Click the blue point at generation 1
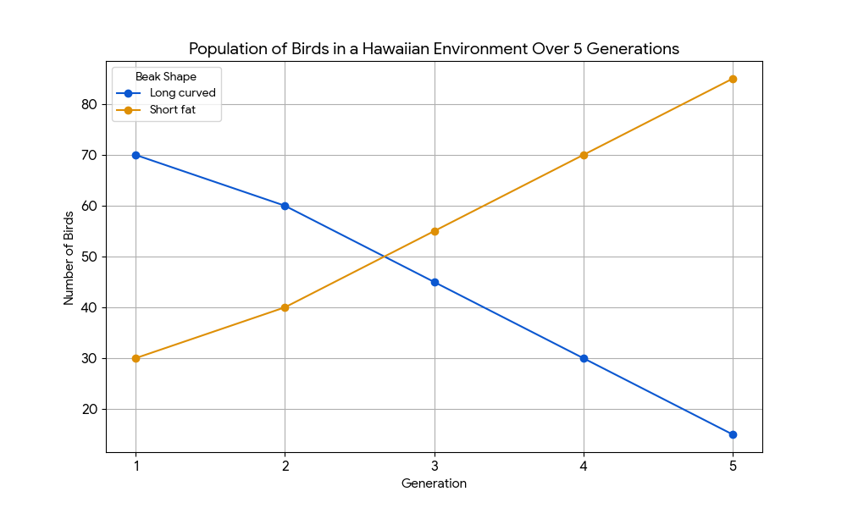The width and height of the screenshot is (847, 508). click(136, 156)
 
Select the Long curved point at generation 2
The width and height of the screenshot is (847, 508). click(285, 207)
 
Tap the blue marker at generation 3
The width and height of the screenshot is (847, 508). click(435, 282)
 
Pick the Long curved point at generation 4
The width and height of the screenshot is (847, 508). click(584, 358)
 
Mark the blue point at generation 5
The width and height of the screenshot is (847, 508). click(733, 434)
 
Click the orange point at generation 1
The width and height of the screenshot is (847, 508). click(136, 358)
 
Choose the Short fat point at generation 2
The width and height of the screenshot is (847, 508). click(285, 307)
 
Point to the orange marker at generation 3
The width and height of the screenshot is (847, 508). click(435, 232)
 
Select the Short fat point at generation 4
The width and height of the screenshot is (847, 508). click(584, 156)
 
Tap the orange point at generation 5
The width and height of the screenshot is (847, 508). click(733, 80)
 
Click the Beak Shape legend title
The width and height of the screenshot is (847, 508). click(166, 77)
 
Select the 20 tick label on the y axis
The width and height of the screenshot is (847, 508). click(90, 409)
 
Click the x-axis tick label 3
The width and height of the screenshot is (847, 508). click(435, 466)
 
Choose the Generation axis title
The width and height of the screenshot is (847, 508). click(434, 483)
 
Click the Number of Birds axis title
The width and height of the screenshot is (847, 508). click(69, 258)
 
